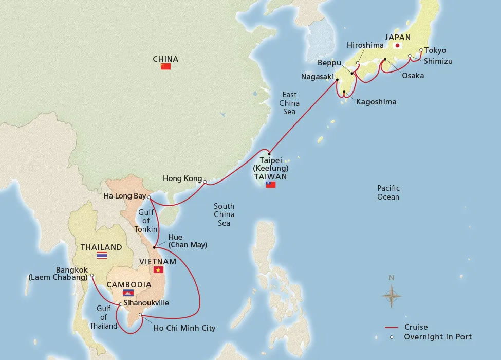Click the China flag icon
click(165, 66)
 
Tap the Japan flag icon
click(397, 46)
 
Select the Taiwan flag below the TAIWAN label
click(271, 184)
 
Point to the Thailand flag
click(102, 255)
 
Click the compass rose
click(392, 295)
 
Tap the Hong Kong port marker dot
click(205, 182)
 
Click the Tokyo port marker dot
click(421, 50)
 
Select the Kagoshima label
click(376, 102)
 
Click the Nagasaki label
click(317, 77)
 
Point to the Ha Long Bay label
click(124, 196)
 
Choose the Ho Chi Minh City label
click(184, 328)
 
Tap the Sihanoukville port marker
click(121, 304)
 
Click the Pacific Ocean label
click(388, 192)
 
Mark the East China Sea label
click(289, 103)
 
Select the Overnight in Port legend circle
click(392, 337)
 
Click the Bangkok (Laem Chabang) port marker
click(92, 276)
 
